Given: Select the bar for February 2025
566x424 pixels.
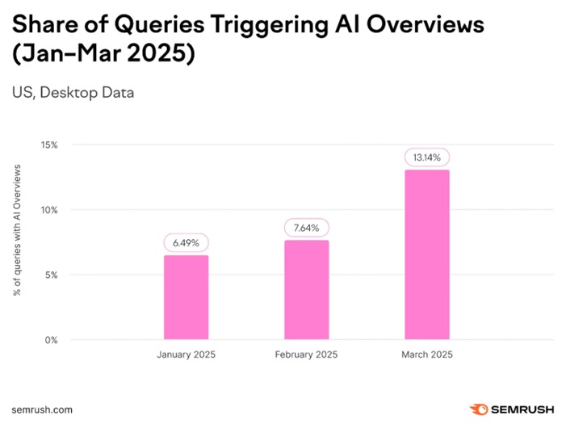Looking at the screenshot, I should click(306, 290).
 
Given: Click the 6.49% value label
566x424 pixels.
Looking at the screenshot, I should click(186, 242).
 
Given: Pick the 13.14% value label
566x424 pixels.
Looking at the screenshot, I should click(427, 157).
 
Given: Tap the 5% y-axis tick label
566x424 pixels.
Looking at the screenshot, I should click(51, 275).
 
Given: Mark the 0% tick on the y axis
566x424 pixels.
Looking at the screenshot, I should click(51, 340).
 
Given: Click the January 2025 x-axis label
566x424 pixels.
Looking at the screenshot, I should click(186, 355).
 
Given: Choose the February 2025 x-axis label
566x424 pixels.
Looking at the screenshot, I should click(306, 355).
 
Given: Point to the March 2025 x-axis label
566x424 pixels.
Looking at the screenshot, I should click(427, 355).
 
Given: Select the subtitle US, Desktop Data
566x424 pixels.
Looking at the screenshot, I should click(73, 92).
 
